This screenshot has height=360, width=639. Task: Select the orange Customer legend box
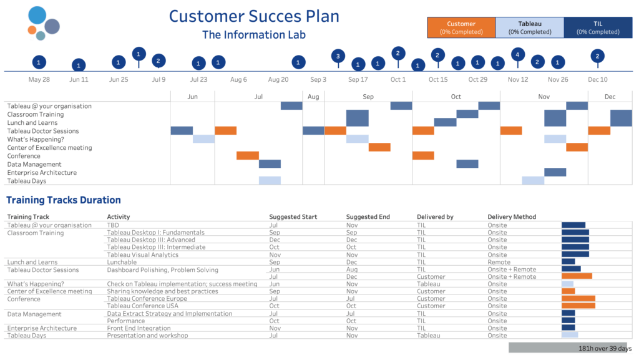click(x=461, y=27)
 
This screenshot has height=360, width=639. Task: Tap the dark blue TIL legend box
click(x=598, y=27)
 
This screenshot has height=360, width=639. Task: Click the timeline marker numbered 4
click(x=517, y=54)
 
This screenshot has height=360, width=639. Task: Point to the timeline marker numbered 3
click(x=338, y=56)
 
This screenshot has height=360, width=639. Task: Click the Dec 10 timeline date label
click(x=597, y=80)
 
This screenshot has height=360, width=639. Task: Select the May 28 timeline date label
click(x=39, y=80)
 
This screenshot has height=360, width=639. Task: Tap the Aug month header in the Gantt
click(x=313, y=97)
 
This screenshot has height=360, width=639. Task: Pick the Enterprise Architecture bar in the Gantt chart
click(x=555, y=172)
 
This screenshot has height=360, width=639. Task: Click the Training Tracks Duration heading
click(x=64, y=200)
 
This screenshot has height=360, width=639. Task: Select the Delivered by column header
click(x=435, y=217)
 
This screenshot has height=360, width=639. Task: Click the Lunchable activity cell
click(x=122, y=262)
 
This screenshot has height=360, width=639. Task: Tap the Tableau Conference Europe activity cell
click(x=147, y=299)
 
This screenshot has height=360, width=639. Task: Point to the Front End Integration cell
click(x=139, y=328)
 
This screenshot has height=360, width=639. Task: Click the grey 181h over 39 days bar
click(x=570, y=348)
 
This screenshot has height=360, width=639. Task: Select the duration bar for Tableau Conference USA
click(x=578, y=306)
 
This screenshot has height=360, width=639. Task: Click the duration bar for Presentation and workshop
click(x=570, y=335)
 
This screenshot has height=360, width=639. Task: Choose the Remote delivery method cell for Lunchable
click(x=499, y=262)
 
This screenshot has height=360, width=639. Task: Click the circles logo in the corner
click(x=42, y=24)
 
